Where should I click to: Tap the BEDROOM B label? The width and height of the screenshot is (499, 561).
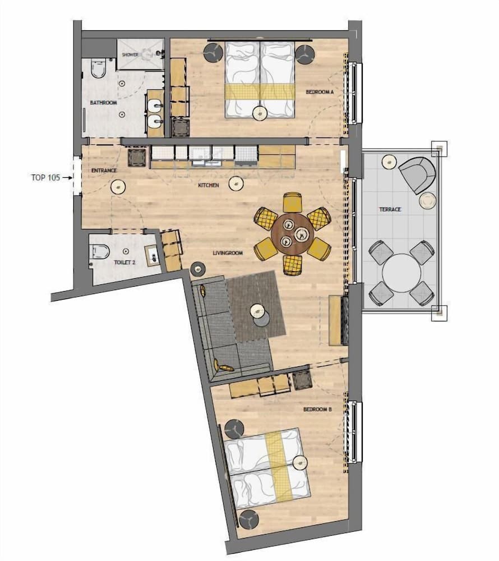(x=317, y=410)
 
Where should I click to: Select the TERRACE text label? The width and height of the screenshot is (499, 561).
(x=390, y=209)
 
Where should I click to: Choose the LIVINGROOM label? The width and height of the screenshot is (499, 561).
(x=227, y=253)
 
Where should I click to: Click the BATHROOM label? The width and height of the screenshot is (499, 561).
(x=103, y=103)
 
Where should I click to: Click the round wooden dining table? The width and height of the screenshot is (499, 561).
(x=292, y=233)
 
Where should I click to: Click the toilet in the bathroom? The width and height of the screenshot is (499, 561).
(x=98, y=68)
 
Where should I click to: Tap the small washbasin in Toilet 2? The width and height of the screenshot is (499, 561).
(x=151, y=255)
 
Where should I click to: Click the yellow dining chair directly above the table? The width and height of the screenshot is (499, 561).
(x=292, y=201)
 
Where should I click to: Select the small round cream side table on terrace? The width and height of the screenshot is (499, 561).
(x=427, y=200)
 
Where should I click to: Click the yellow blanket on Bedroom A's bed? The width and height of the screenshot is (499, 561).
(x=260, y=91)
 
